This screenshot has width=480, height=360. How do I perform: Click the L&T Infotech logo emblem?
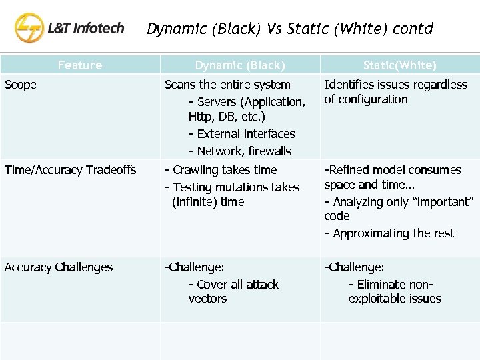click(x=30, y=29)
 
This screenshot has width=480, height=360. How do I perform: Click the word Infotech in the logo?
click(x=97, y=28)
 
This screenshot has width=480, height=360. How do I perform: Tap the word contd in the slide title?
click(x=413, y=29)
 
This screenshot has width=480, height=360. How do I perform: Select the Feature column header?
click(x=80, y=65)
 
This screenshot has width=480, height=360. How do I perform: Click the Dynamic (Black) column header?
click(x=240, y=65)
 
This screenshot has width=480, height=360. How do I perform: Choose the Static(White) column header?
click(x=400, y=65)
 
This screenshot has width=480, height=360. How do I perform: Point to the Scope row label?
click(x=21, y=85)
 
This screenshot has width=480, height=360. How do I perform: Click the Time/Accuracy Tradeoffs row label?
click(x=70, y=170)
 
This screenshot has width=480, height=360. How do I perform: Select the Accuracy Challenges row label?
click(x=59, y=267)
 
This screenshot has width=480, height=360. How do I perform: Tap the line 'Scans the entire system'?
click(x=227, y=85)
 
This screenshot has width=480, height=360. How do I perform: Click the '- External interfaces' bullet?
click(x=242, y=134)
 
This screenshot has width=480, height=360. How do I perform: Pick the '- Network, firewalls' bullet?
click(x=240, y=151)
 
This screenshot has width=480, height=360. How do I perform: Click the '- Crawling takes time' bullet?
click(x=221, y=170)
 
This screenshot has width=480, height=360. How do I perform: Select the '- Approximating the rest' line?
click(x=389, y=233)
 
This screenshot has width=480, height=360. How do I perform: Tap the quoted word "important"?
click(x=446, y=201)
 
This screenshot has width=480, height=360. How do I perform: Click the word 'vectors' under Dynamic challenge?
click(x=207, y=299)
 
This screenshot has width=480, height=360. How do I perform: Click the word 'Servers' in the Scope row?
click(x=218, y=102)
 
